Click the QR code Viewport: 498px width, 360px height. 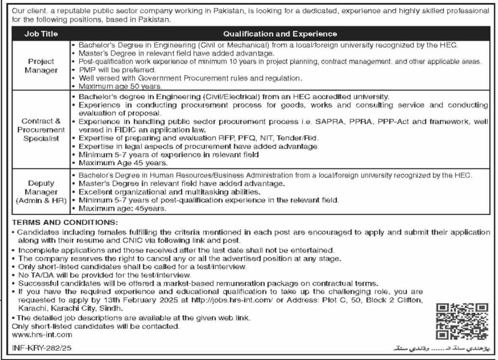462,321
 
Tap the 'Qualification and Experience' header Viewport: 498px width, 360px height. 280,34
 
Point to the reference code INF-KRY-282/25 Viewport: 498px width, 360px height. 39,349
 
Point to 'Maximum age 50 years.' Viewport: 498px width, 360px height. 115,86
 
